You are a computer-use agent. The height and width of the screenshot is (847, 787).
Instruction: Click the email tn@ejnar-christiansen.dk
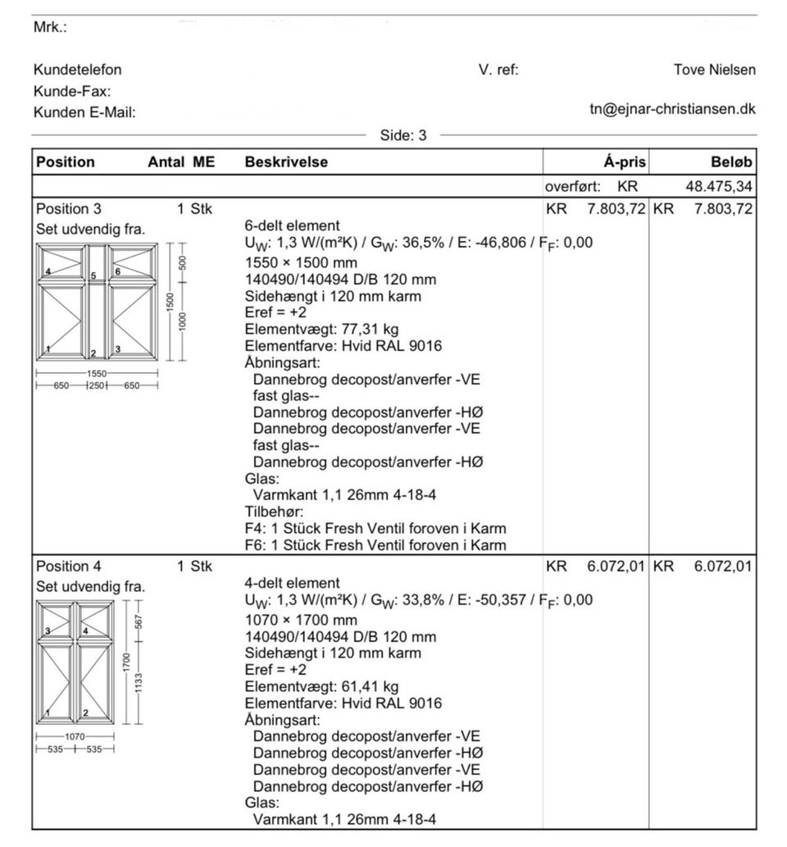click(672, 108)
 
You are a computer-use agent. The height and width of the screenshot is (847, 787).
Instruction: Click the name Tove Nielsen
click(714, 70)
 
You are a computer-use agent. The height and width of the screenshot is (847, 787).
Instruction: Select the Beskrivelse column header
click(286, 162)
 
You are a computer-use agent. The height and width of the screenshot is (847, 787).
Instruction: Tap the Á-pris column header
click(624, 162)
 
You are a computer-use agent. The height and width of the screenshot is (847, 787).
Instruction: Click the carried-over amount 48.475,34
click(718, 187)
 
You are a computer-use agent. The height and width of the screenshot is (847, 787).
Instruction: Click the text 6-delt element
click(292, 225)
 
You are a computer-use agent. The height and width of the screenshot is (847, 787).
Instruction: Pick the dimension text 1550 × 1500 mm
click(301, 263)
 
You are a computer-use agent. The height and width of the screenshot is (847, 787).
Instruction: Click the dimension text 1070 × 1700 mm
click(301, 620)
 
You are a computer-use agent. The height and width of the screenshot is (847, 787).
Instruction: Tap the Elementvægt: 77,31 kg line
click(321, 330)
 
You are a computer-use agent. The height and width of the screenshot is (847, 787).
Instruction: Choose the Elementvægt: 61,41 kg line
click(321, 686)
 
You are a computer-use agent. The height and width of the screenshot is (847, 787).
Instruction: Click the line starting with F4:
click(375, 529)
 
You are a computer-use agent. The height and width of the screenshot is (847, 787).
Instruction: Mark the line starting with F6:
click(375, 545)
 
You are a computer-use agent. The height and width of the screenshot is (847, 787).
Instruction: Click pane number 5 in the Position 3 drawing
click(93, 276)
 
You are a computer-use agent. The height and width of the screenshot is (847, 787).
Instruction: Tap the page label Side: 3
click(403, 135)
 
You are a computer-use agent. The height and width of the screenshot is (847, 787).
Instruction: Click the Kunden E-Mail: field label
click(84, 113)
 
